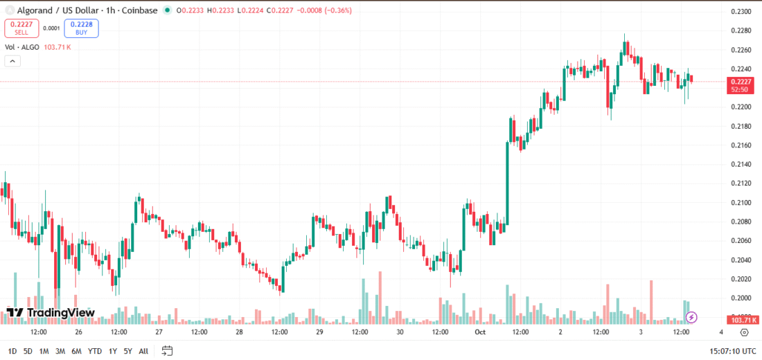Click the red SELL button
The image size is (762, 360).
tap(21, 28)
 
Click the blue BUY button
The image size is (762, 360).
tap(81, 28)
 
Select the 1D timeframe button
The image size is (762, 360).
tap(12, 351)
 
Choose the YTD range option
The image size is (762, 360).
tap(95, 351)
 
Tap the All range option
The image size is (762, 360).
tap(143, 351)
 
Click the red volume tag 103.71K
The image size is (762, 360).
tap(742, 320)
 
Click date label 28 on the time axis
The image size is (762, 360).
tap(239, 332)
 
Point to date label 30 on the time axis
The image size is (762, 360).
tap(400, 332)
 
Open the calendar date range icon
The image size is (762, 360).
tap(166, 351)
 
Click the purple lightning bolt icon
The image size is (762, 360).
tap(691, 317)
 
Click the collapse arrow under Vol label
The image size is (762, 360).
tap(12, 61)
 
